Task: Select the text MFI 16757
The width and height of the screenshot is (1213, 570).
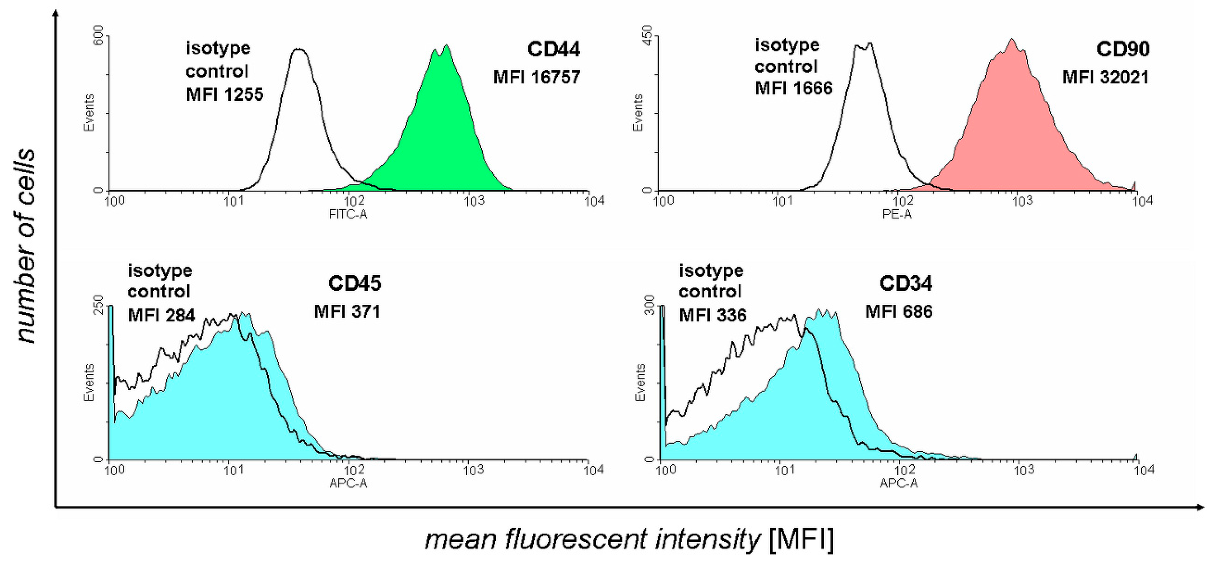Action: click(x=537, y=77)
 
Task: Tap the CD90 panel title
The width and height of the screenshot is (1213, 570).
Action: click(x=1123, y=49)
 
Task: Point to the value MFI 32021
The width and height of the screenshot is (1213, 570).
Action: click(x=1105, y=77)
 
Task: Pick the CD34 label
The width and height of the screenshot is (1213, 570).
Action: click(x=906, y=283)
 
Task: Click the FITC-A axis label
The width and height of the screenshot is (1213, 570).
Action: click(x=348, y=215)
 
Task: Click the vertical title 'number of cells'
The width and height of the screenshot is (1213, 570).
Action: click(x=26, y=245)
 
